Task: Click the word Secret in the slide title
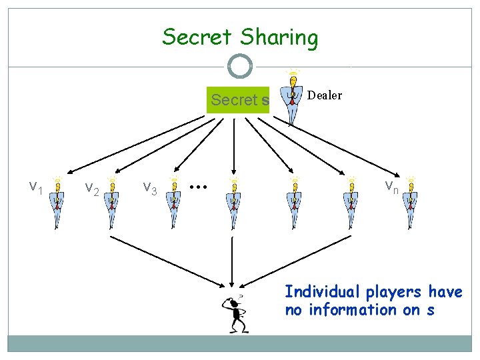[x=196, y=37]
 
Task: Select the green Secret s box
[x=239, y=101]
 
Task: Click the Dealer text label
[x=325, y=95]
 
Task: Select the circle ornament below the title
[x=239, y=66]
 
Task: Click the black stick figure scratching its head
[x=235, y=313]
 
